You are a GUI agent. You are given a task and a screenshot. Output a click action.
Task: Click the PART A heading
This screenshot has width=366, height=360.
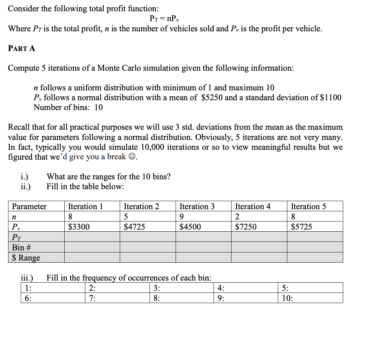tap(21, 49)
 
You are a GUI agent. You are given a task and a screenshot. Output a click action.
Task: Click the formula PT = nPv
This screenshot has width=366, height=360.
tap(165, 19)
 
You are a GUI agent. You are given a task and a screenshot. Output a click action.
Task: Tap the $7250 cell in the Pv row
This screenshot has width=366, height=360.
tap(246, 227)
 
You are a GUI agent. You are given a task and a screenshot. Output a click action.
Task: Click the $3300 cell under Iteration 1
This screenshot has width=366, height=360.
tap(79, 227)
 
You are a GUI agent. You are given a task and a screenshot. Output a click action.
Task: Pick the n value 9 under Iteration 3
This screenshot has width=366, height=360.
tap(182, 217)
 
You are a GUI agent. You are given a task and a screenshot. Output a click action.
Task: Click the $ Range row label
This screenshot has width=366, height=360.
tap(26, 258)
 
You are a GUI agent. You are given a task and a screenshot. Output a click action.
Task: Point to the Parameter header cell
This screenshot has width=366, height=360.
tap(29, 206)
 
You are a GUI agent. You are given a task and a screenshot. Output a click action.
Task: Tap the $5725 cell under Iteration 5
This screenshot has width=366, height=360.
tap(301, 227)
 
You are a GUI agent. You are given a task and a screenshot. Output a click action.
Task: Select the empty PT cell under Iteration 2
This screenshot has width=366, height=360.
tap(148, 237)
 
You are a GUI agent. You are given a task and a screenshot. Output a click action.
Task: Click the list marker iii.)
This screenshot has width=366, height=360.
tap(27, 278)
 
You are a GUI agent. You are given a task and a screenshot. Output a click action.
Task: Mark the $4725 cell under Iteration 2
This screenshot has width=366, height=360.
tap(135, 227)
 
